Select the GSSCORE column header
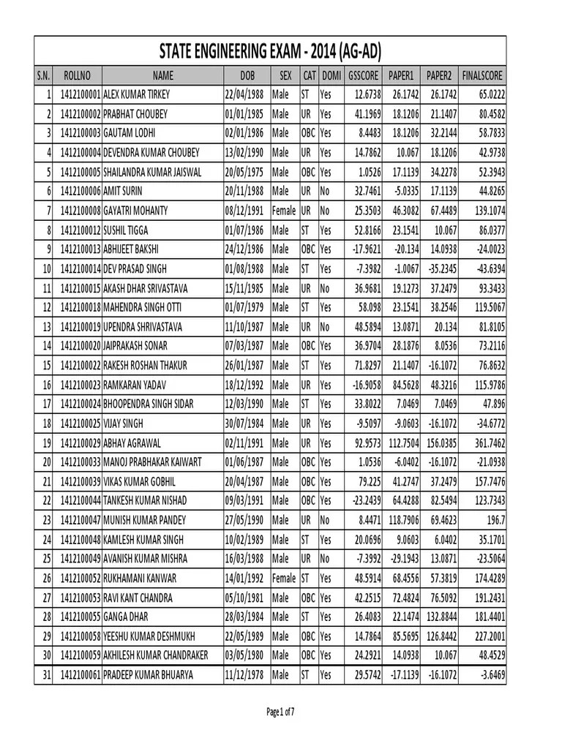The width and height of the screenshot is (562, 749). pyautogui.click(x=363, y=75)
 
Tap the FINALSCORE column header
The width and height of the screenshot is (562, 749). pyautogui.click(x=482, y=75)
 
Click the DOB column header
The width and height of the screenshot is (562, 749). pyautogui.click(x=247, y=75)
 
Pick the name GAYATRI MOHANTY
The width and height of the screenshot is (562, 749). pyautogui.click(x=135, y=211)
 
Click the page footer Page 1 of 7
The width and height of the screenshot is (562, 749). pyautogui.click(x=280, y=711)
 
